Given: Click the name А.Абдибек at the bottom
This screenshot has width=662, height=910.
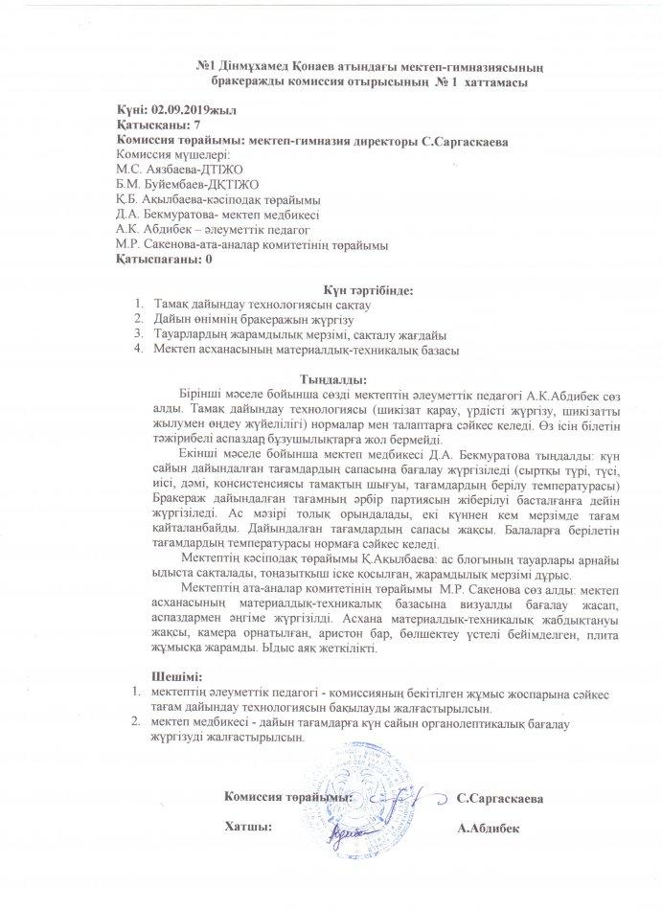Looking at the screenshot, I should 490,828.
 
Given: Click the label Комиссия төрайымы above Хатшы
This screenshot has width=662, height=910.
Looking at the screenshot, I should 288,796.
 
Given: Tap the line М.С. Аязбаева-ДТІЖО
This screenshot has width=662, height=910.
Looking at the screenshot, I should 173,169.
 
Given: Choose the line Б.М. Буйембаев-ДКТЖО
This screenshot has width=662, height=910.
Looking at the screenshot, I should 174,183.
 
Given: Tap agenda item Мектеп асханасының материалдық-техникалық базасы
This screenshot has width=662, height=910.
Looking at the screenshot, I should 306,350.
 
